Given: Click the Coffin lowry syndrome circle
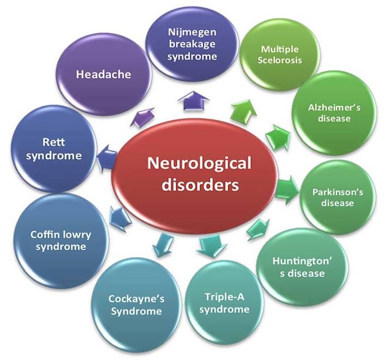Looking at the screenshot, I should (61, 240).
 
